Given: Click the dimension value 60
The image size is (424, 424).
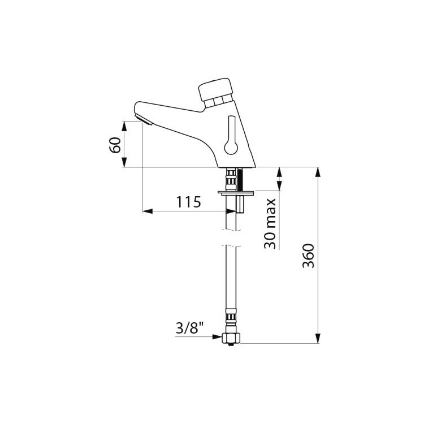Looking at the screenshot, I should pos(115,145).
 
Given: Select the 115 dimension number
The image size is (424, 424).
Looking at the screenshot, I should pos(189,202).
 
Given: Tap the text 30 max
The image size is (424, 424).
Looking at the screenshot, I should pos(271,223).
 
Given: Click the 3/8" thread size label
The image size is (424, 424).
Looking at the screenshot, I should pos(188,327).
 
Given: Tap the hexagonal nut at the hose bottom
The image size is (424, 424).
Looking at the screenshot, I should pos(231,339).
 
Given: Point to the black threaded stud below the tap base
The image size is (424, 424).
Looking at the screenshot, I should pos(241,179).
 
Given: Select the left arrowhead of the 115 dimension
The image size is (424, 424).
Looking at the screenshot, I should pos(146,211).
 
